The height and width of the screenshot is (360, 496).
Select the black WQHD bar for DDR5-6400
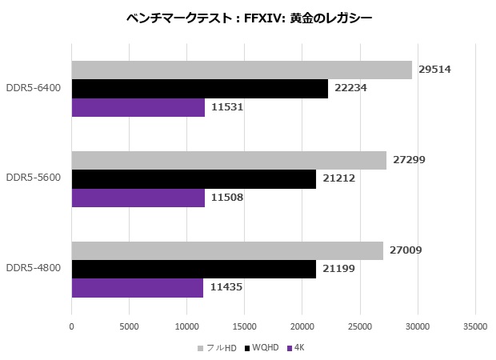200,88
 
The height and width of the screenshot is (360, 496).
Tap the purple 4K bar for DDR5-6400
138,107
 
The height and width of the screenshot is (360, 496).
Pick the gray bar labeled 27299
229,160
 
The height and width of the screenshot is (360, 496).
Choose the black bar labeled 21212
194,178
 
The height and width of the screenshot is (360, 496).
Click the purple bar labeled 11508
138,198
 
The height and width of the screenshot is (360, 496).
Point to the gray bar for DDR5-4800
227,250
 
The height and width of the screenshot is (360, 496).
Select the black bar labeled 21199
194,269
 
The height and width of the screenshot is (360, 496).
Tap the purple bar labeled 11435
138,287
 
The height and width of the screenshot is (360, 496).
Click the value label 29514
434,70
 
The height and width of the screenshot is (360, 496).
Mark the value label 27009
406,250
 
